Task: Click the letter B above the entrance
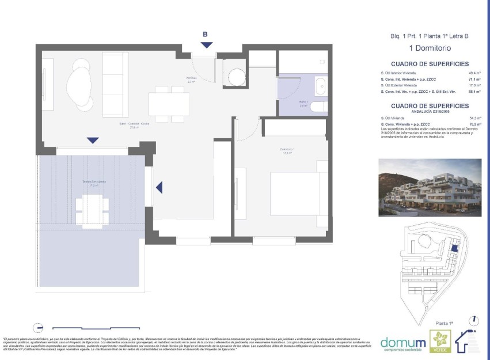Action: [206, 34]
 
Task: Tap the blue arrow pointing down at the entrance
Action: [207, 45]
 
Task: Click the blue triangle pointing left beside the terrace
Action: [159, 187]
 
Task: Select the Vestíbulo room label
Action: [191, 79]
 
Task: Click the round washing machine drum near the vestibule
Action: [237, 77]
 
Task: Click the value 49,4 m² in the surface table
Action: [475, 73]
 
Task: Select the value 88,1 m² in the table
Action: [475, 91]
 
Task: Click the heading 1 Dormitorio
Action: [430, 48]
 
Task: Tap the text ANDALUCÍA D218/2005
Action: [430, 112]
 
